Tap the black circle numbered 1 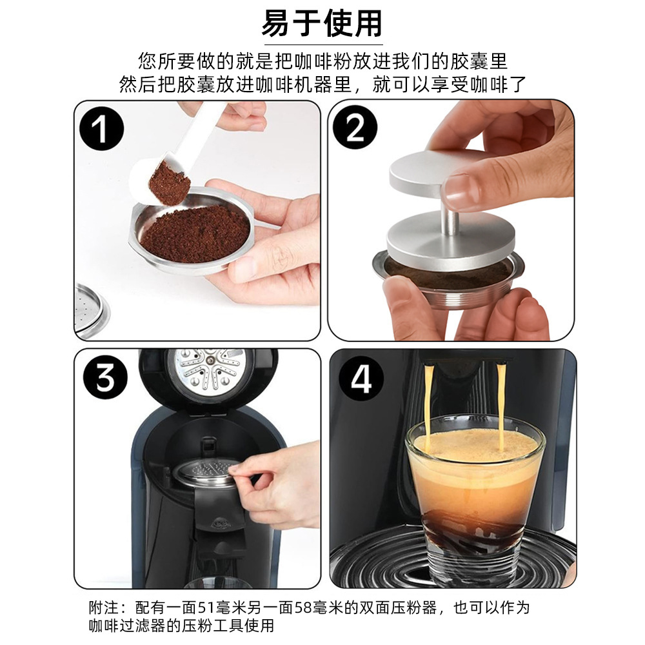coord(101,128)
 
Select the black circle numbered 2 coord(355,127)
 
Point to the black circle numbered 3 coord(105,377)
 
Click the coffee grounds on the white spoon coord(169,183)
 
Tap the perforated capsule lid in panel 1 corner coord(92,311)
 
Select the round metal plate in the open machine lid coord(210,368)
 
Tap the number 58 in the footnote coord(304,608)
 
